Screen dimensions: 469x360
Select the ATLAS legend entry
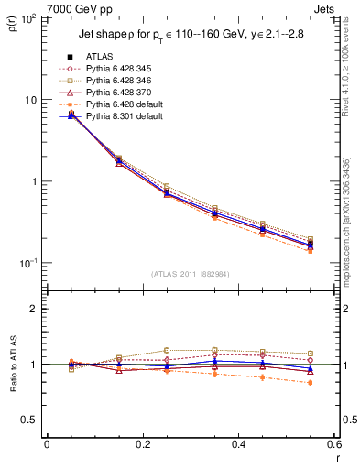[100, 56]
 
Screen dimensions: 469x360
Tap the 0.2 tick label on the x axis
[142, 444]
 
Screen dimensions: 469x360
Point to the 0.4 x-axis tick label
[238, 444]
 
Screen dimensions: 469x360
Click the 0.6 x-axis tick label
[333, 444]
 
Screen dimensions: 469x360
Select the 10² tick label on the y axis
[30, 19]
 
